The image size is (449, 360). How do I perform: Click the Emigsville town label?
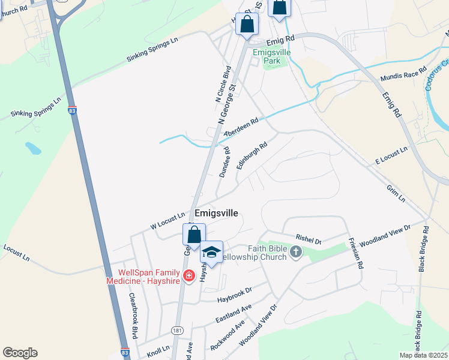[216, 213]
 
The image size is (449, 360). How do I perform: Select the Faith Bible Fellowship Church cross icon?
[295, 252]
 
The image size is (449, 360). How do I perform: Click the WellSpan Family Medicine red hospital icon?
[188, 276]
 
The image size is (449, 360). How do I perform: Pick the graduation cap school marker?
[211, 252]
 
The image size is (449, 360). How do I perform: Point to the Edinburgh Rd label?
[252, 155]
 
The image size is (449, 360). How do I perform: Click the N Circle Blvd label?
[223, 84]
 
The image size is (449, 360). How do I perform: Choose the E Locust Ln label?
[391, 155]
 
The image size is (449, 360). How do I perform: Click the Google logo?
[20, 353]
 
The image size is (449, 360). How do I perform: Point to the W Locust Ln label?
[167, 221]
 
